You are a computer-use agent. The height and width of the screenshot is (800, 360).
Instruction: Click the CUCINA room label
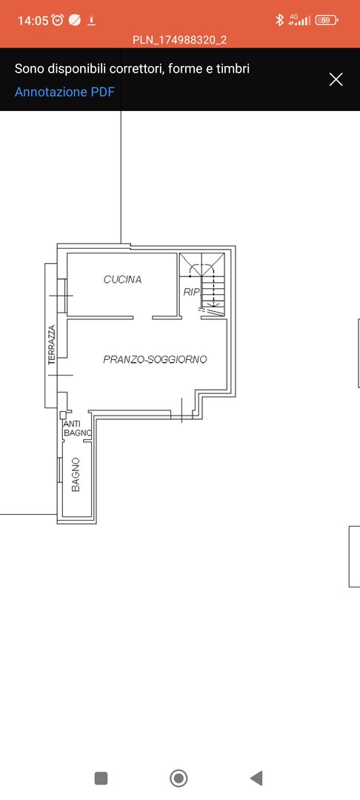click(122, 279)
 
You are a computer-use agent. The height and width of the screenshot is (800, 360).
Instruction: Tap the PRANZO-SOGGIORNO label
click(155, 359)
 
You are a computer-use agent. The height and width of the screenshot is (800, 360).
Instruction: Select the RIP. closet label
click(192, 292)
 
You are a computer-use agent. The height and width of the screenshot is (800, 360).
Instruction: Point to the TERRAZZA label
click(52, 345)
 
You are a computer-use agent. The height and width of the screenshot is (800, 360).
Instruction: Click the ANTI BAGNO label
click(77, 429)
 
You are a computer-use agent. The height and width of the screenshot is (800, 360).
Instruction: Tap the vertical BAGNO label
click(76, 475)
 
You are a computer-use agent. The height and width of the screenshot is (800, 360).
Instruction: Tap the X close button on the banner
click(336, 79)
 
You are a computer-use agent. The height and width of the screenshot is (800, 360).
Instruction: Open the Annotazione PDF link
click(64, 92)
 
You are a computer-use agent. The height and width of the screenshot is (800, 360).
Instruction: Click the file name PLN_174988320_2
click(179, 40)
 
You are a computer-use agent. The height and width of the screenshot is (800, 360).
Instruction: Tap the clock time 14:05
click(33, 21)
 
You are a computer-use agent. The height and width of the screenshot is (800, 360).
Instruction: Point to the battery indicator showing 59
click(327, 21)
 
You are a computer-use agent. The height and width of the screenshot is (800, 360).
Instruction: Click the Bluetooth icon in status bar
click(279, 20)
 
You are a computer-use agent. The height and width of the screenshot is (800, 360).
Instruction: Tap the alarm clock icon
click(58, 20)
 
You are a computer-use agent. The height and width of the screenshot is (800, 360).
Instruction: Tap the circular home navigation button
click(179, 778)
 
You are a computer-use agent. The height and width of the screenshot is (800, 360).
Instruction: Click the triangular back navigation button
click(256, 778)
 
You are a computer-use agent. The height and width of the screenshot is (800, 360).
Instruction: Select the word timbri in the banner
click(233, 68)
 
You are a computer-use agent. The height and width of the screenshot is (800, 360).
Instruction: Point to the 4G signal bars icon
click(299, 20)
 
